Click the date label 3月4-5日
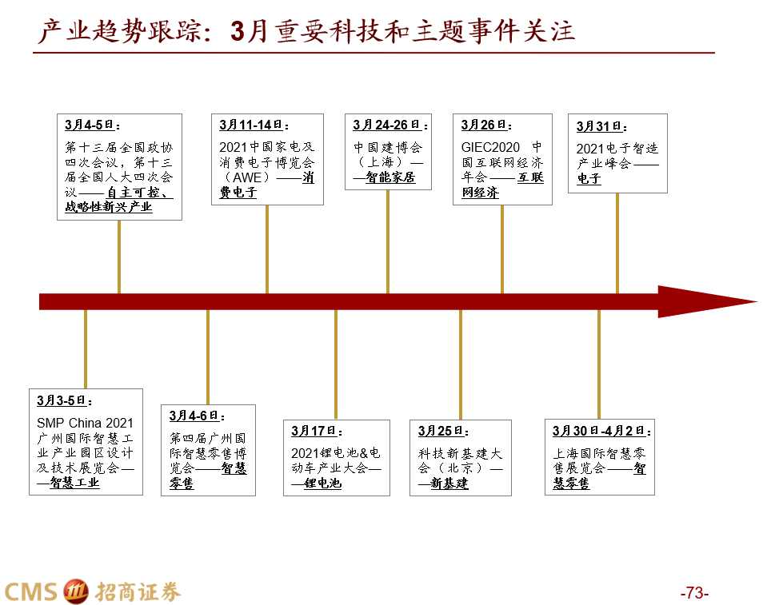[90, 125]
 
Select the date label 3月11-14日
[251, 125]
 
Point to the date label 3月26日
[484, 125]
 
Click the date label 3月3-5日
[62, 400]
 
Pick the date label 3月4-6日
[194, 416]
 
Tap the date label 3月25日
[438, 432]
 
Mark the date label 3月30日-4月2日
[598, 432]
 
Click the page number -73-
[694, 593]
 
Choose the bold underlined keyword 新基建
[449, 484]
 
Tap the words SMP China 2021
[85, 423]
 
